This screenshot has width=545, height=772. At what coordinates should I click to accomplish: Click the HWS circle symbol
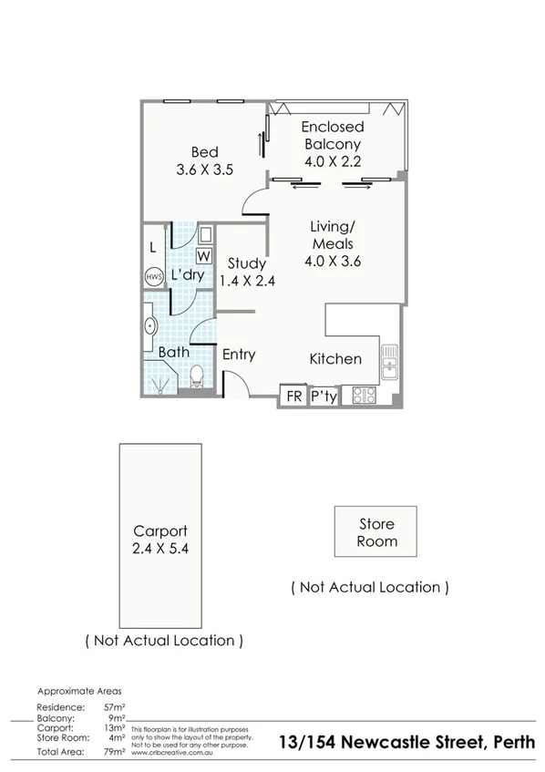coord(151,276)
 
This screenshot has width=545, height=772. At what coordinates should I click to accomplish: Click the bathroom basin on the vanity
coord(149,325)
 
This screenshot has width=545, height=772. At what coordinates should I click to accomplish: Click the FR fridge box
coord(293,396)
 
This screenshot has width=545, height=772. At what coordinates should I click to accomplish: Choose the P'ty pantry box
coord(323,396)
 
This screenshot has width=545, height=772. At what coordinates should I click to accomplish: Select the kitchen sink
coord(389,364)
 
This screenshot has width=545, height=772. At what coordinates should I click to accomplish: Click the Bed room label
coord(203,152)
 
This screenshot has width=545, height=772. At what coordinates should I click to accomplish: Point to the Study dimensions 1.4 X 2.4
coord(246,281)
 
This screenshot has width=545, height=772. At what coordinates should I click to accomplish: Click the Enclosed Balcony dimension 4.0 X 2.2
coord(333,160)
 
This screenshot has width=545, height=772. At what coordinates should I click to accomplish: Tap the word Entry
coord(239,355)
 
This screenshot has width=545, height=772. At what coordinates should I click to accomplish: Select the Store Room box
coord(375,532)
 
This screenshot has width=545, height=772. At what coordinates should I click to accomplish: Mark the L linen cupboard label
coord(151,246)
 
